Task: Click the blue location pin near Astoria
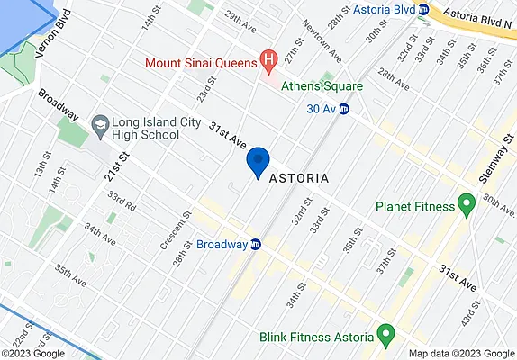(258, 161)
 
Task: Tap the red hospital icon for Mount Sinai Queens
(268, 61)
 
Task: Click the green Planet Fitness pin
(467, 205)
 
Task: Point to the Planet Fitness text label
(414, 206)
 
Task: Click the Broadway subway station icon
(257, 244)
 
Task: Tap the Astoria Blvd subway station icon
(422, 9)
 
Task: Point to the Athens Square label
(322, 86)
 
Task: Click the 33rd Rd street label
(120, 199)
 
